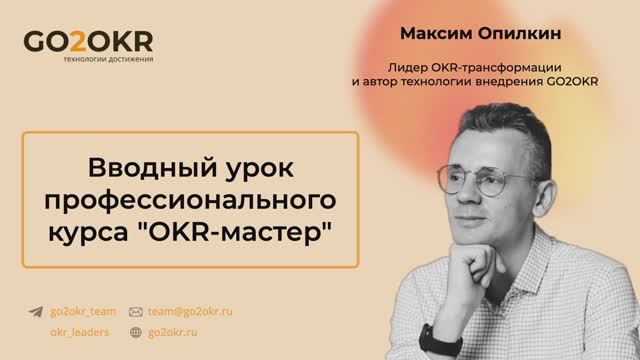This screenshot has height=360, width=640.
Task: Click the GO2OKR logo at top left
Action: click(88, 43)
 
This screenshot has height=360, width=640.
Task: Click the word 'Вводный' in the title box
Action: click(139, 164)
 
